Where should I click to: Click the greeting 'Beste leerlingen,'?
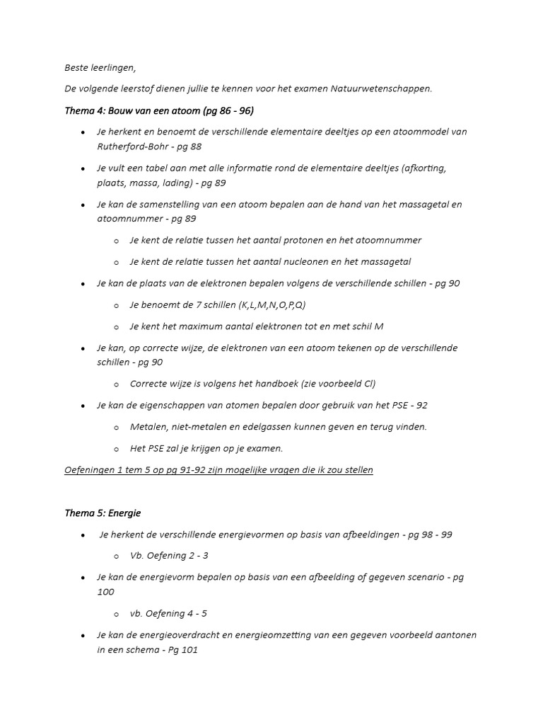pyautogui.click(x=99, y=68)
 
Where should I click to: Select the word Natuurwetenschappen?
pyautogui.click(x=385, y=89)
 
